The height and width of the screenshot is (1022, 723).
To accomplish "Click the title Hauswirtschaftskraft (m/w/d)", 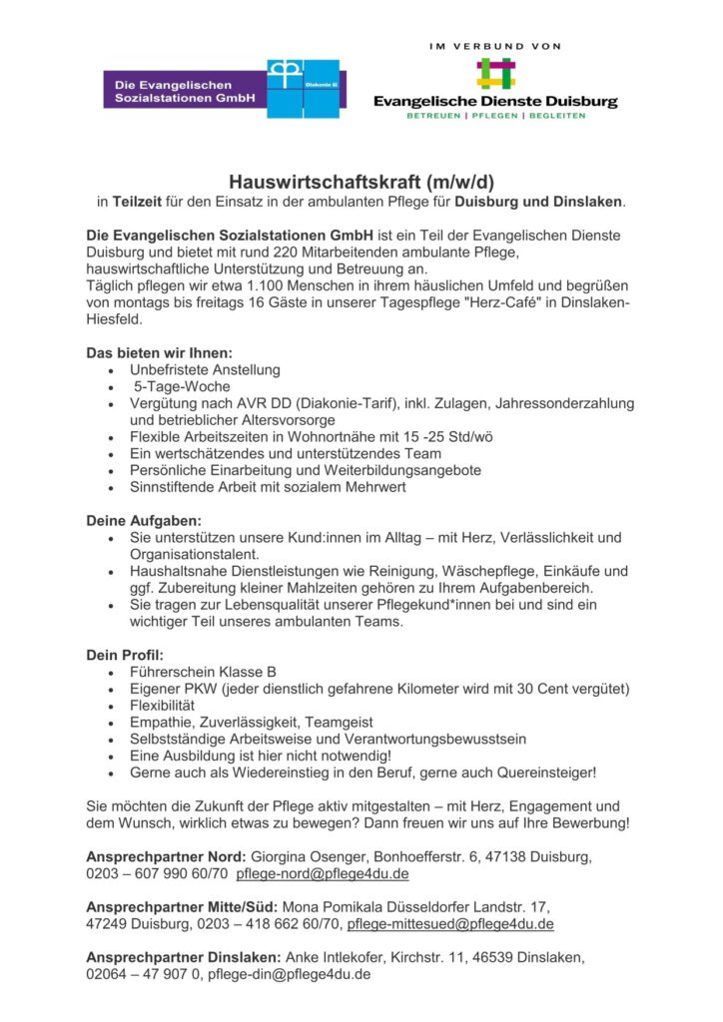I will pos(361,182).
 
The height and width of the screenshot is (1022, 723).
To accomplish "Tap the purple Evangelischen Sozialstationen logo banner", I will pos(184,92).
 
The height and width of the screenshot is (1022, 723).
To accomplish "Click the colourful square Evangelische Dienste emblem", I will pos(495,74).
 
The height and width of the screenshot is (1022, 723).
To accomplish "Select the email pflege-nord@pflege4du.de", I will pos(322,873).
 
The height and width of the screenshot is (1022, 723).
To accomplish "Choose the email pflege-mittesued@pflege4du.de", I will pos(450,924).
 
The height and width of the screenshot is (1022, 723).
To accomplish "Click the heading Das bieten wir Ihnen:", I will pos(159,352).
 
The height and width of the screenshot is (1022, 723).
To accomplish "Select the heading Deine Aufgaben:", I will pos(143,520).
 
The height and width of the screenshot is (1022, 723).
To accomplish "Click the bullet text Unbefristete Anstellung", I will pos(205,369).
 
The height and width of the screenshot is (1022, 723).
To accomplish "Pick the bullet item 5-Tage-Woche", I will pos(182,386).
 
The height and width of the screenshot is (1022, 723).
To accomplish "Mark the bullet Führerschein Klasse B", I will pos(196,672).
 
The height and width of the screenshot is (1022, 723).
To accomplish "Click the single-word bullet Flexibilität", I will pos(162,706).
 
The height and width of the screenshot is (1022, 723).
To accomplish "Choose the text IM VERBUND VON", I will pos(495,46).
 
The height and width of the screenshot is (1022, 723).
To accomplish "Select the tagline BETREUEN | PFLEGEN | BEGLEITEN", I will pos(495,116).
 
